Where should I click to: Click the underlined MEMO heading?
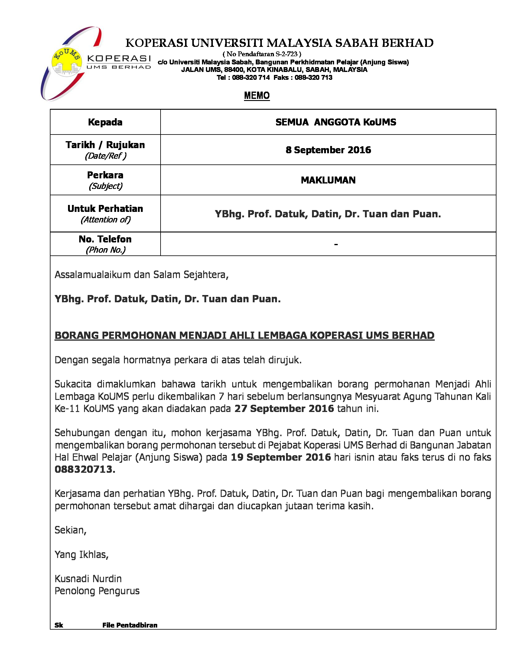(x=257, y=96)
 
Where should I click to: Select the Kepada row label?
(x=105, y=122)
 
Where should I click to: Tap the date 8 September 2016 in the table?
(x=328, y=150)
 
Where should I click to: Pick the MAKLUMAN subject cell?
(x=328, y=180)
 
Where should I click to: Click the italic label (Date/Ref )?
(x=105, y=156)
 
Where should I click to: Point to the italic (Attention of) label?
(x=105, y=219)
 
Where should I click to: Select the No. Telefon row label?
(x=105, y=239)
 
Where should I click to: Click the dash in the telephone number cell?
(x=336, y=244)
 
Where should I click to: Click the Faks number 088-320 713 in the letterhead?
(x=313, y=77)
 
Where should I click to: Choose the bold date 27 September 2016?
(x=284, y=409)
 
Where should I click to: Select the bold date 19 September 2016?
(x=281, y=457)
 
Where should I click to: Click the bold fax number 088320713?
(x=85, y=469)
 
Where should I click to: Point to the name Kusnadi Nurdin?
(x=88, y=579)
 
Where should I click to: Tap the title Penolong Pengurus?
(x=97, y=591)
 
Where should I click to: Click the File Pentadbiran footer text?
(x=130, y=625)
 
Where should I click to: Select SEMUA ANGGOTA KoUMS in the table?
(x=336, y=122)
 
